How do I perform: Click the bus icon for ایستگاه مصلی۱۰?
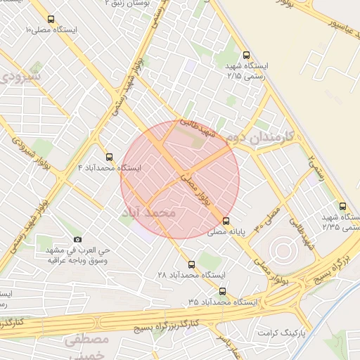click(x=51, y=19)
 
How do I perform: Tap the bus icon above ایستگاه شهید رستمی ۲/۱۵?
click(x=245, y=54)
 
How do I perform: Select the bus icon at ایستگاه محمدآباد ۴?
click(x=108, y=157)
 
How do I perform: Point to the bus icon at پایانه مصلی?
click(x=225, y=219)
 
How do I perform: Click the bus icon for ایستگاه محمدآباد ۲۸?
click(x=191, y=264)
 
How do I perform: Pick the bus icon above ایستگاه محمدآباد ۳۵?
click(x=223, y=290)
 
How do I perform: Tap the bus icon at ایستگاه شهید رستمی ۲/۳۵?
click(x=342, y=206)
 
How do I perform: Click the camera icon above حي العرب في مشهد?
click(x=77, y=239)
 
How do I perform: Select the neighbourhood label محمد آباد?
click(x=157, y=212)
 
